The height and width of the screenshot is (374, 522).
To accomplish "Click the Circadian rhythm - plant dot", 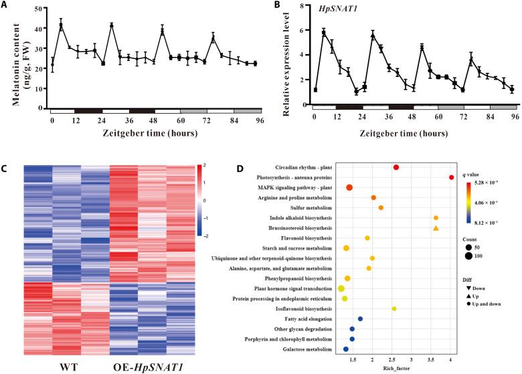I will (396, 167).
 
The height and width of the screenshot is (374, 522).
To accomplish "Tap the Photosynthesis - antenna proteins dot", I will (452, 177).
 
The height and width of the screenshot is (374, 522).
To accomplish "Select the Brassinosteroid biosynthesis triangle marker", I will (436, 228).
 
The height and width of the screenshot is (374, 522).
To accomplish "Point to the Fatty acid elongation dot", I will (360, 319).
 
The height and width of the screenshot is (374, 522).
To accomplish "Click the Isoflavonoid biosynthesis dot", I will (394, 308).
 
